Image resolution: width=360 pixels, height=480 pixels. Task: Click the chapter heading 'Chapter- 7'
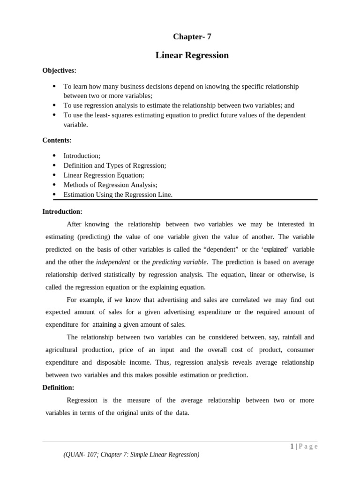[192, 37]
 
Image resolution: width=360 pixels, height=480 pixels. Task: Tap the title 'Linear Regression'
[192, 55]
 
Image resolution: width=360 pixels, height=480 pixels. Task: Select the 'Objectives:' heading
[59, 71]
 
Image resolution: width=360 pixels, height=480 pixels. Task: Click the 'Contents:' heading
[57, 140]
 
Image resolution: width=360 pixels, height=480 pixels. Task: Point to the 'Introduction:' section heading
[62, 211]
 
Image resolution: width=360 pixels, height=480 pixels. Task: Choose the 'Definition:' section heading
[58, 388]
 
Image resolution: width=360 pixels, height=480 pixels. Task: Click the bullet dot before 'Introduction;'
[54, 156]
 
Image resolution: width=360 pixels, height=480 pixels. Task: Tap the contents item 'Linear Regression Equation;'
[104, 175]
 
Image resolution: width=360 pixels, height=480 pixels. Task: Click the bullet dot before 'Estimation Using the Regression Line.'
[54, 195]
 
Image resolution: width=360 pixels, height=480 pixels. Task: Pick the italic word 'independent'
[113, 262]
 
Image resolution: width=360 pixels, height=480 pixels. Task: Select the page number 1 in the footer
[292, 447]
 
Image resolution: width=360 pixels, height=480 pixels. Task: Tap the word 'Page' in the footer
[308, 447]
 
